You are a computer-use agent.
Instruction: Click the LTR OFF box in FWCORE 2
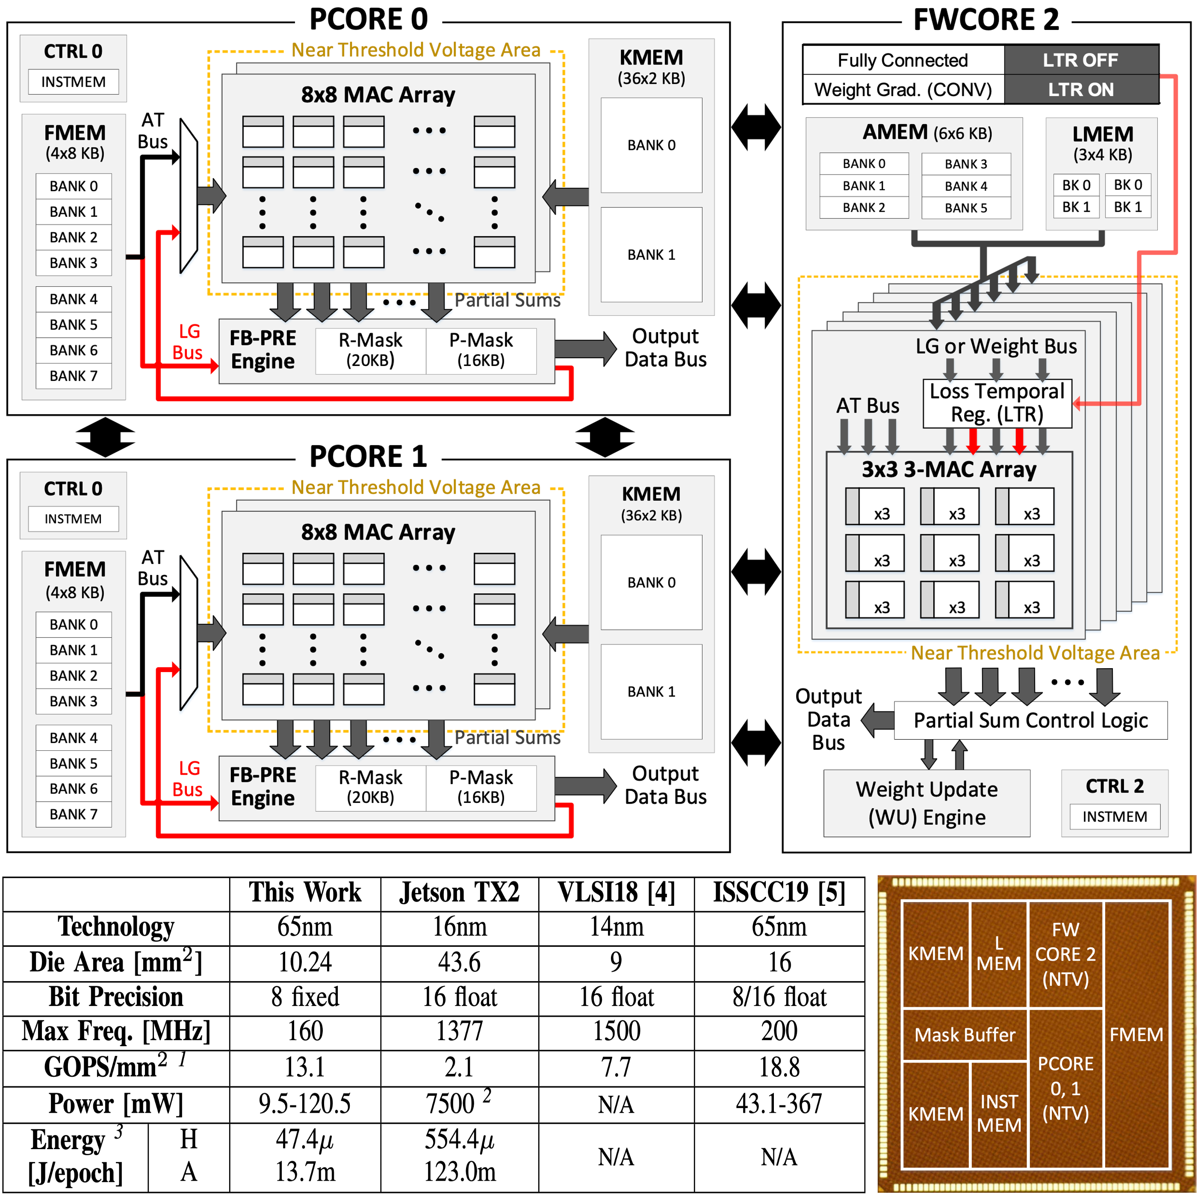1080,60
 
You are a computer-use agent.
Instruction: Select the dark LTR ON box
1080,89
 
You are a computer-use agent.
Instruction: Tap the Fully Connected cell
903,60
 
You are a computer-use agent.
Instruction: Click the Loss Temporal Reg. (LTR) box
997,403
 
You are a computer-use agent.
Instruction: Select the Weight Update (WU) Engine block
926,802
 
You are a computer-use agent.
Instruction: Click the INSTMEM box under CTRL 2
1115,816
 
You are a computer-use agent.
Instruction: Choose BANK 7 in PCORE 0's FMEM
74,376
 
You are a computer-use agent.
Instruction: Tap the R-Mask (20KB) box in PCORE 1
371,787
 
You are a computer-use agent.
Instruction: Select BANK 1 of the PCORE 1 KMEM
651,691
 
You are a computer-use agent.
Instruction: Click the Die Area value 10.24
304,962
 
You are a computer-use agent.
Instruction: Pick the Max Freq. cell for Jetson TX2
459,1032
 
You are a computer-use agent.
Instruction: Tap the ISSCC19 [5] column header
779,893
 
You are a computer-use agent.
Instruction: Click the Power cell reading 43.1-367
779,1104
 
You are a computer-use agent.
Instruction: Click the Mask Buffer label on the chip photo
965,1034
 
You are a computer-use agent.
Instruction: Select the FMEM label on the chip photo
1136,1034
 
